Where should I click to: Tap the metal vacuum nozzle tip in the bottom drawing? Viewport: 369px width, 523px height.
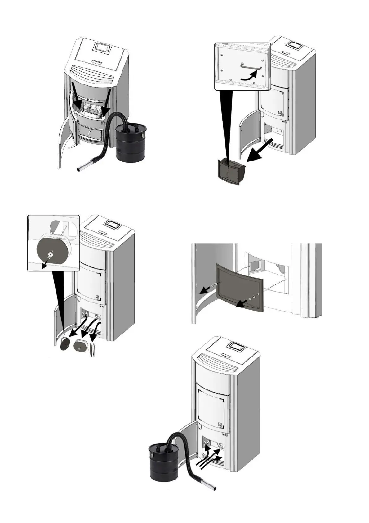pos(211,489)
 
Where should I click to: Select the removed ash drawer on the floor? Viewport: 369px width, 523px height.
pos(231,171)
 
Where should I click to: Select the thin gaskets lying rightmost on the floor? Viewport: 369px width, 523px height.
pos(92,350)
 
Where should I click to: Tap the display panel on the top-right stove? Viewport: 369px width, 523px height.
pos(296,45)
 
